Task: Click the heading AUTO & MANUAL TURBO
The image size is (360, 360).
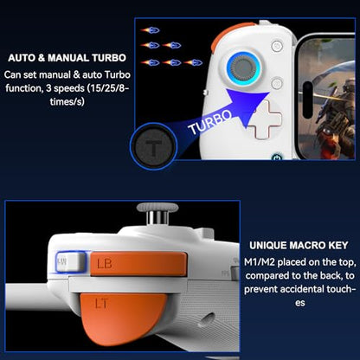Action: tap(67, 58)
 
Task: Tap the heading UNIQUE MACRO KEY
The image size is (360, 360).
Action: tap(299, 245)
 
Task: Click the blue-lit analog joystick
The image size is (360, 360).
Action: tap(244, 68)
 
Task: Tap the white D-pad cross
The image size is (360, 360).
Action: tap(264, 119)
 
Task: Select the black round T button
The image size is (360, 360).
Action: tap(153, 146)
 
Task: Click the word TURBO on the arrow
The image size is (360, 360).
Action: tap(209, 122)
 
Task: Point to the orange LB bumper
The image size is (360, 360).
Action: tap(138, 263)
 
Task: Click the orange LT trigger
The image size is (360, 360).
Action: tap(122, 318)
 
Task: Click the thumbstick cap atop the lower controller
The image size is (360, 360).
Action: tap(157, 208)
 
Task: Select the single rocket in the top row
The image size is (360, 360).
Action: tap(150, 30)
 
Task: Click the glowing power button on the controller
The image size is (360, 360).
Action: tap(277, 157)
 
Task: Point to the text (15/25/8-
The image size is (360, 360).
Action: tap(107, 88)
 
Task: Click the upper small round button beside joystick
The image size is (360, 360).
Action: tap(277, 46)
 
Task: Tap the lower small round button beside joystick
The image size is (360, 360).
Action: tap(277, 83)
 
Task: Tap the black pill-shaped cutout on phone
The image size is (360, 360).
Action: tap(308, 100)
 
